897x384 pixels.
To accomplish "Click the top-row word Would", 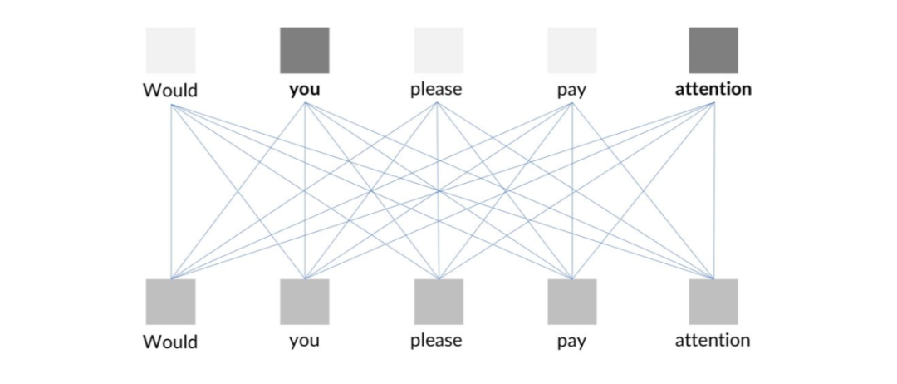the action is pyautogui.click(x=170, y=90).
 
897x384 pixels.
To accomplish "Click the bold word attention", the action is pyautogui.click(x=713, y=89).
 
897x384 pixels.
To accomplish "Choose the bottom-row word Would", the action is pyautogui.click(x=170, y=342).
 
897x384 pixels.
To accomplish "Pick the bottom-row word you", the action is pyautogui.click(x=304, y=341).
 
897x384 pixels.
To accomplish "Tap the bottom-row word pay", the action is pyautogui.click(x=571, y=342).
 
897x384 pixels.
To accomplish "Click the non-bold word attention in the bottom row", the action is pyautogui.click(x=713, y=340).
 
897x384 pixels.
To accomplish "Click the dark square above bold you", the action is pyautogui.click(x=304, y=51).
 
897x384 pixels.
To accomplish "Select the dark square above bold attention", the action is pyautogui.click(x=713, y=51).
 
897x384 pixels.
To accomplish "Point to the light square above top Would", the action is pyautogui.click(x=170, y=51).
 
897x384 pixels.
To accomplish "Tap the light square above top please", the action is pyautogui.click(x=439, y=51).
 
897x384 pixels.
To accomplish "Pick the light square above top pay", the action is pyautogui.click(x=571, y=51).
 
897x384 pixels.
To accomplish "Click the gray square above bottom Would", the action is pyautogui.click(x=170, y=302).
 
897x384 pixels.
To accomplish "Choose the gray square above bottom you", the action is pyautogui.click(x=304, y=302).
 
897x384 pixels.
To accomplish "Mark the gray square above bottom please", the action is pyautogui.click(x=439, y=302).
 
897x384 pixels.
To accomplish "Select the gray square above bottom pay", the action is pyautogui.click(x=571, y=302).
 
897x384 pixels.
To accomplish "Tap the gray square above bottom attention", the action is pyautogui.click(x=713, y=302).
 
